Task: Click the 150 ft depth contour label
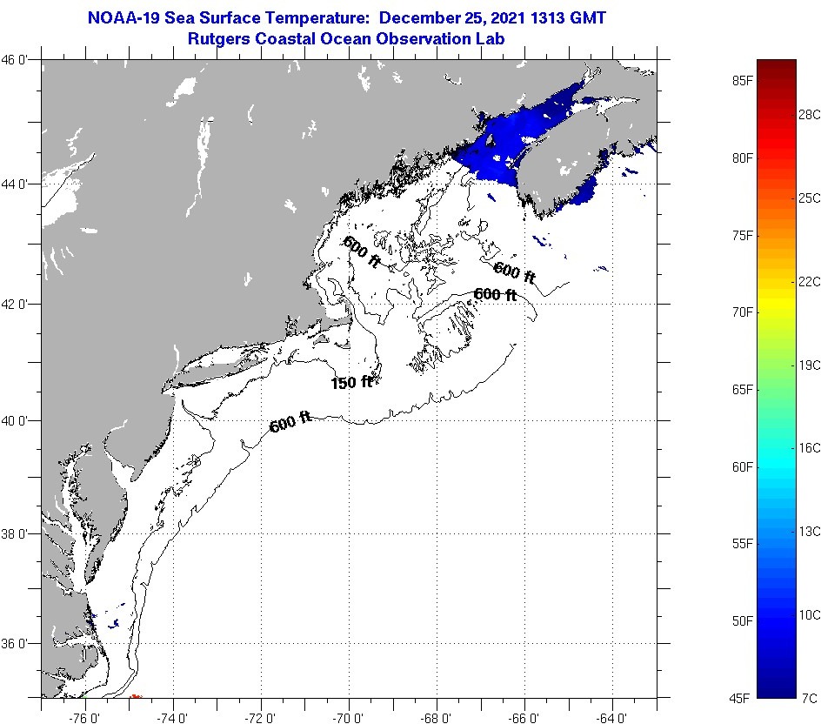(351, 382)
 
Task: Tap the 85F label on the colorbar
(742, 81)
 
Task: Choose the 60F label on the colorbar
(742, 466)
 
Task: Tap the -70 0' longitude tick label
(348, 717)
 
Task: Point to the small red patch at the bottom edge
(136, 695)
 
